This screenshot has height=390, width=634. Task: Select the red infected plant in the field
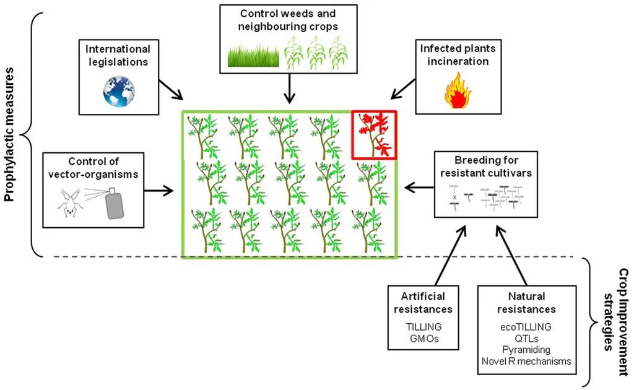point(374,134)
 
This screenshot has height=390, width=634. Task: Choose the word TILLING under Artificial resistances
point(422,326)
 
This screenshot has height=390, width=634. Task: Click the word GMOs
point(422,339)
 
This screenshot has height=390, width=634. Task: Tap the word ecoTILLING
point(526,326)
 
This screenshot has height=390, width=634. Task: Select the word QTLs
point(526,338)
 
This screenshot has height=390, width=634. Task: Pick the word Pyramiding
point(526,350)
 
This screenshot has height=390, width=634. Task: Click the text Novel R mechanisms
point(526,362)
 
